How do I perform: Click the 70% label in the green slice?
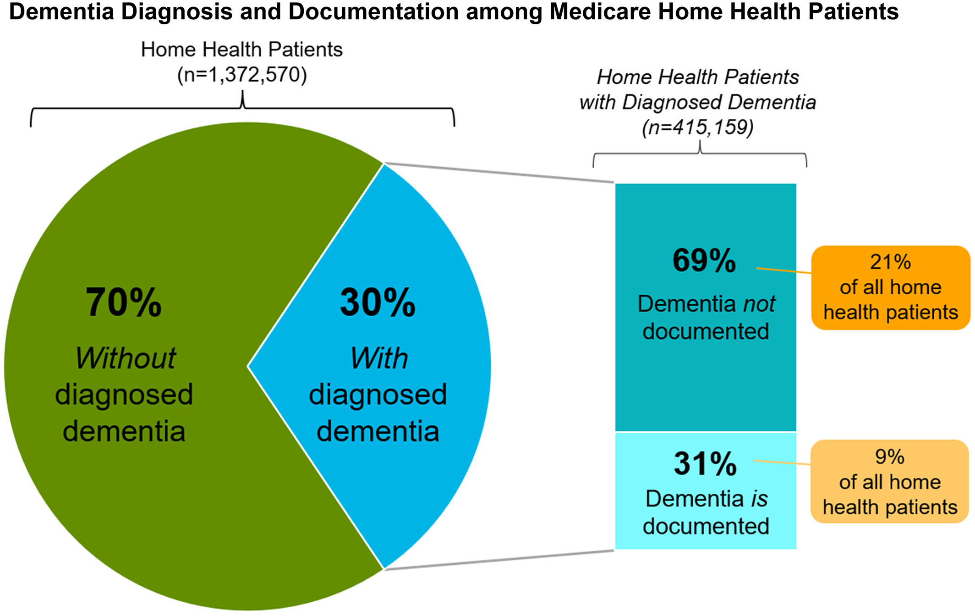coord(124,302)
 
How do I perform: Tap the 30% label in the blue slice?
coord(378,302)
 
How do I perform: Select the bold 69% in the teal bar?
coord(704,260)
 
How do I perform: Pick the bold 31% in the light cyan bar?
coord(705,463)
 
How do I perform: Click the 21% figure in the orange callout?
coord(890,262)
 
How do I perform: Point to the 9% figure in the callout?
coord(890,456)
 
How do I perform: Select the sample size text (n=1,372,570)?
coord(242,75)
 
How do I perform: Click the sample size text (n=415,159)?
coord(698,127)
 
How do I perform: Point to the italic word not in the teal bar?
coord(759,304)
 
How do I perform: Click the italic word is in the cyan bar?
coord(759,499)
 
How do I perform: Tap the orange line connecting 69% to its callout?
coord(784,270)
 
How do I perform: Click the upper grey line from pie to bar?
coord(499,172)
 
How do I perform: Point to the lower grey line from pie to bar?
coord(499,560)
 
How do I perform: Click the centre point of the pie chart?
coord(247,366)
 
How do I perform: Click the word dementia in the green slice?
coord(124,431)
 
